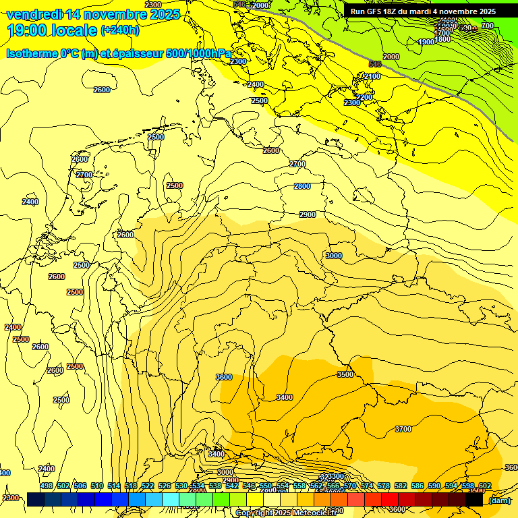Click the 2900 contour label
click(x=308, y=214)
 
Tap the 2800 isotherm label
click(x=302, y=186)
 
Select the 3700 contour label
click(x=403, y=429)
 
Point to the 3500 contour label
click(x=345, y=374)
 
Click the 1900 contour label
click(x=426, y=42)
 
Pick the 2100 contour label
click(x=372, y=76)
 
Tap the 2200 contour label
click(x=364, y=97)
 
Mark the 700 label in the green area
click(x=488, y=26)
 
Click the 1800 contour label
click(x=442, y=39)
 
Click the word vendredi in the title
click(x=34, y=14)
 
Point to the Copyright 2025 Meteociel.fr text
click(x=286, y=513)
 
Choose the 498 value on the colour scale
click(x=47, y=486)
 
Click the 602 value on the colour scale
click(x=485, y=486)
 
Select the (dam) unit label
click(x=499, y=500)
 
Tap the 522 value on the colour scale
click(x=148, y=486)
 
